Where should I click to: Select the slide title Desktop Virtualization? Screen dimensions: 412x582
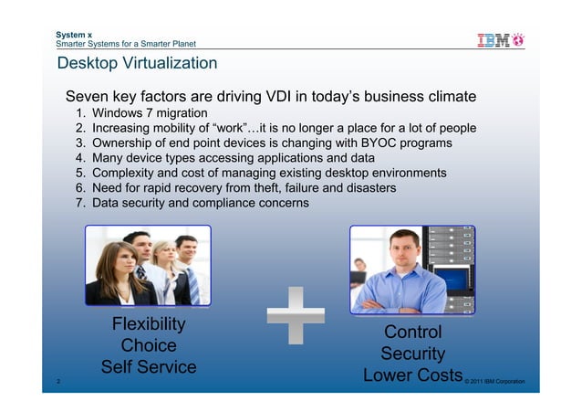tap(137, 63)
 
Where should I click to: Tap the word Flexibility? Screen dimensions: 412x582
tap(148, 325)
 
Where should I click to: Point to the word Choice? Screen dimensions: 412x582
tap(148, 346)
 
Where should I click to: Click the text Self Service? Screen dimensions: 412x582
tap(148, 367)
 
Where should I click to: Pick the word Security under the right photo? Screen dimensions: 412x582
tap(412, 354)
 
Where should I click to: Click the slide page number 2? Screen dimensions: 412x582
tap(58, 381)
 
